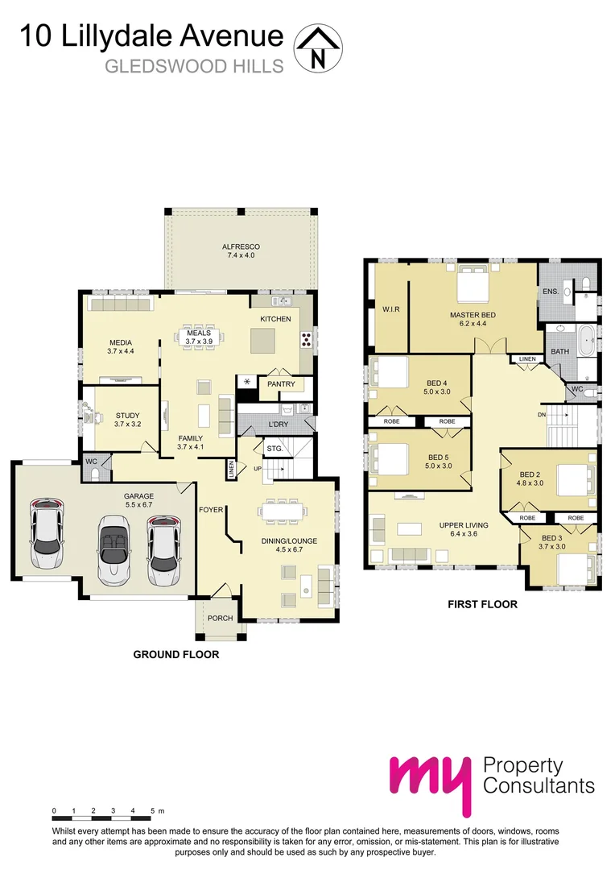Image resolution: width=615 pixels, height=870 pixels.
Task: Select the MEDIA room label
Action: [121, 346]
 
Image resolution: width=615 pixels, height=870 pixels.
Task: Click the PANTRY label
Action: [281, 384]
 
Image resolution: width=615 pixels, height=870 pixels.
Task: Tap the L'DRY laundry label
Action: [278, 424]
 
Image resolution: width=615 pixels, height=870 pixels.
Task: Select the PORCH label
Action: [220, 619]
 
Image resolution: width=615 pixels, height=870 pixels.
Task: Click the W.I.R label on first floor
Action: [391, 309]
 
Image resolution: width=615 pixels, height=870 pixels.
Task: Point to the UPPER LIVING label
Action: [462, 528]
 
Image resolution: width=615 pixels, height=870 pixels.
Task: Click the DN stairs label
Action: [541, 415]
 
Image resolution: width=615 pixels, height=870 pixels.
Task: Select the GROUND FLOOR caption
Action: [175, 655]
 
